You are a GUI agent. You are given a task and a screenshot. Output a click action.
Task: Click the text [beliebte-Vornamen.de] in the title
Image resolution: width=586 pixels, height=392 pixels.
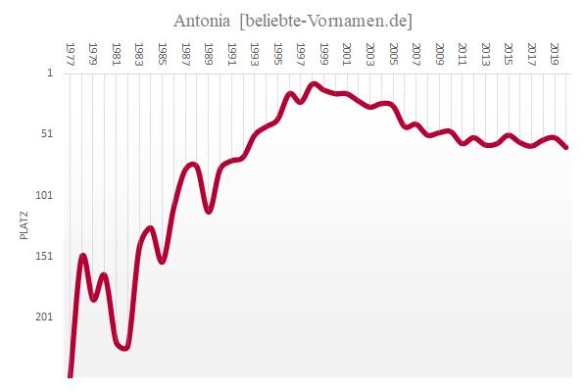[x=317, y=20]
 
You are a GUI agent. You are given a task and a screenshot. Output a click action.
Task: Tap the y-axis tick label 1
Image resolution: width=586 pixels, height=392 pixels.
[x=51, y=73]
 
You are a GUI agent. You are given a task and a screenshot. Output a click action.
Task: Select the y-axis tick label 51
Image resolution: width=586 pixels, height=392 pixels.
[x=48, y=133]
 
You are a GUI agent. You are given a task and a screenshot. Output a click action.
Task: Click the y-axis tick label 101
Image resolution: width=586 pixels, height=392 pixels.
[x=46, y=195]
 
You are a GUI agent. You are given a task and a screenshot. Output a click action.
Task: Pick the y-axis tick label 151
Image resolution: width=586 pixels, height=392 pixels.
[x=46, y=256]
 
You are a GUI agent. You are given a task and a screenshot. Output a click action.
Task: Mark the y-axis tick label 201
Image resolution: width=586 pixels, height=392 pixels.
[x=46, y=317]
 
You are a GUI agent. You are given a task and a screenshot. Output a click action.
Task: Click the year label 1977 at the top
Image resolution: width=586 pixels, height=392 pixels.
[x=71, y=51]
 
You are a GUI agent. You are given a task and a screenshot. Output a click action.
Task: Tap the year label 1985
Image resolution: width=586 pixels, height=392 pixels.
[x=163, y=51]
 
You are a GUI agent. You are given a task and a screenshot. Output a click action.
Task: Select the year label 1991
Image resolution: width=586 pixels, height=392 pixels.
[x=232, y=51]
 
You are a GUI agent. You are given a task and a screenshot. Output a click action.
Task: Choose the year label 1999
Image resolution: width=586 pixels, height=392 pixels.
[x=324, y=51]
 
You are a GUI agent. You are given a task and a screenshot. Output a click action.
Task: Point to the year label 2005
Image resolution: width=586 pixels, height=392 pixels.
[x=394, y=51]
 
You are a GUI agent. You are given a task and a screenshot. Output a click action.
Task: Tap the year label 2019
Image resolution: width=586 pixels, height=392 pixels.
[x=556, y=51]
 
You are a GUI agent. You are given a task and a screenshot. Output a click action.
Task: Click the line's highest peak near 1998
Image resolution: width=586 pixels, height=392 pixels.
[x=314, y=84]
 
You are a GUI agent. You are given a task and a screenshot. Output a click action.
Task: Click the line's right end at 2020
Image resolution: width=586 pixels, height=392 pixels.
[x=566, y=147]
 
